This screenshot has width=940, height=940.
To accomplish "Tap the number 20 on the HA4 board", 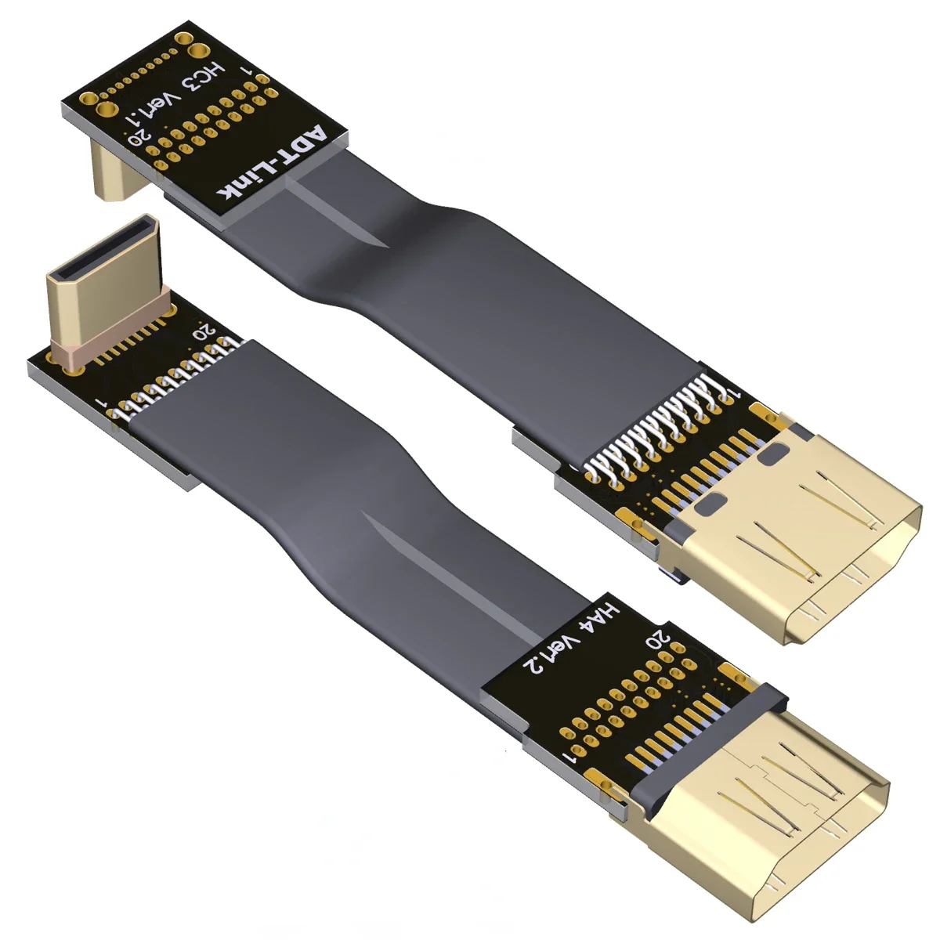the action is (656, 638).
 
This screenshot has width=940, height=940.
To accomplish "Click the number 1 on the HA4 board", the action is (569, 757).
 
